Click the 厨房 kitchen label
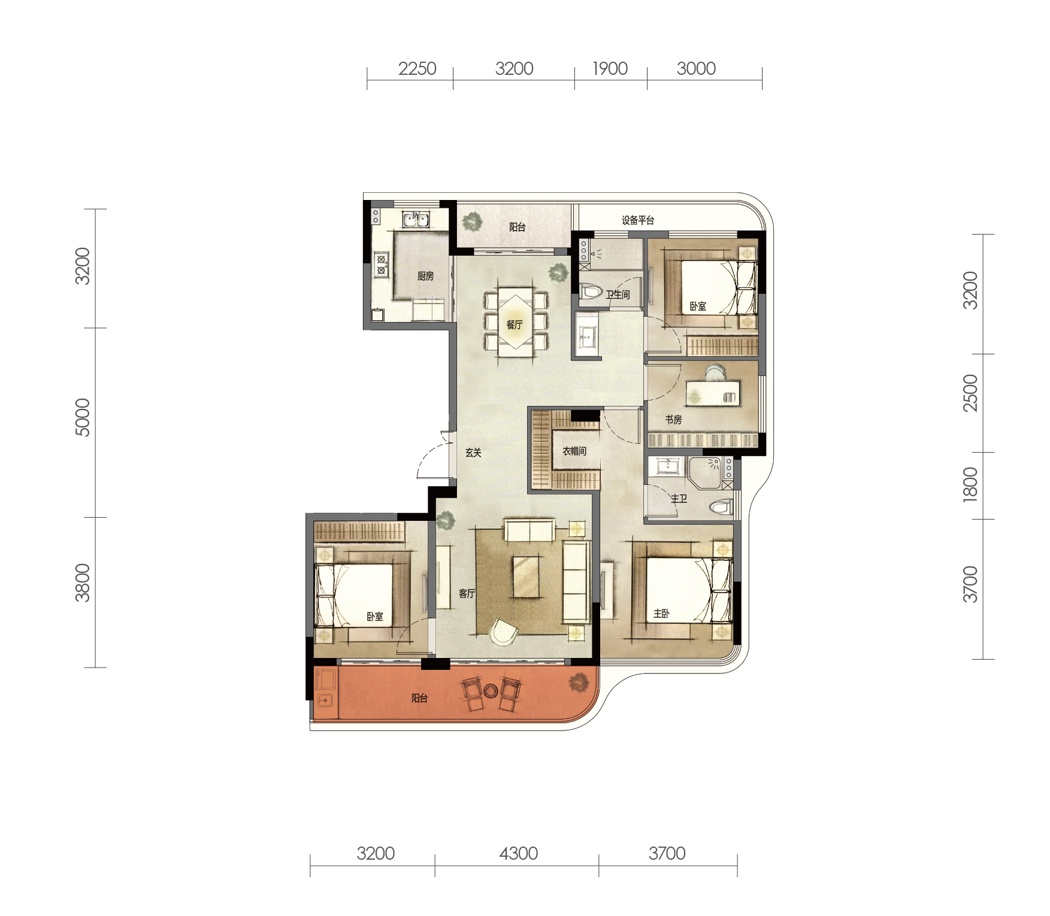[425, 276]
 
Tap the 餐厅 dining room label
[515, 324]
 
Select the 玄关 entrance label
[473, 453]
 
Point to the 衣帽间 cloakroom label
[574, 451]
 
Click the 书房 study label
[673, 420]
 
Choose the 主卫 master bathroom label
[679, 498]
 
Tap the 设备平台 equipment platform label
[638, 220]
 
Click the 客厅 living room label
[467, 593]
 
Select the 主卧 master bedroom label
[661, 613]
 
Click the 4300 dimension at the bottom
[519, 853]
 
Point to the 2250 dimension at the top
[417, 68]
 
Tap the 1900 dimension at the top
[610, 68]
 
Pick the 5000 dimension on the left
[83, 417]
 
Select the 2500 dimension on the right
[970, 393]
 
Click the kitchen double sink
[415, 219]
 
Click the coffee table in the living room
[526, 577]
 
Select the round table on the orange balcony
[491, 691]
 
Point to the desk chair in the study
[714, 373]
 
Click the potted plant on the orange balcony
[579, 682]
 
